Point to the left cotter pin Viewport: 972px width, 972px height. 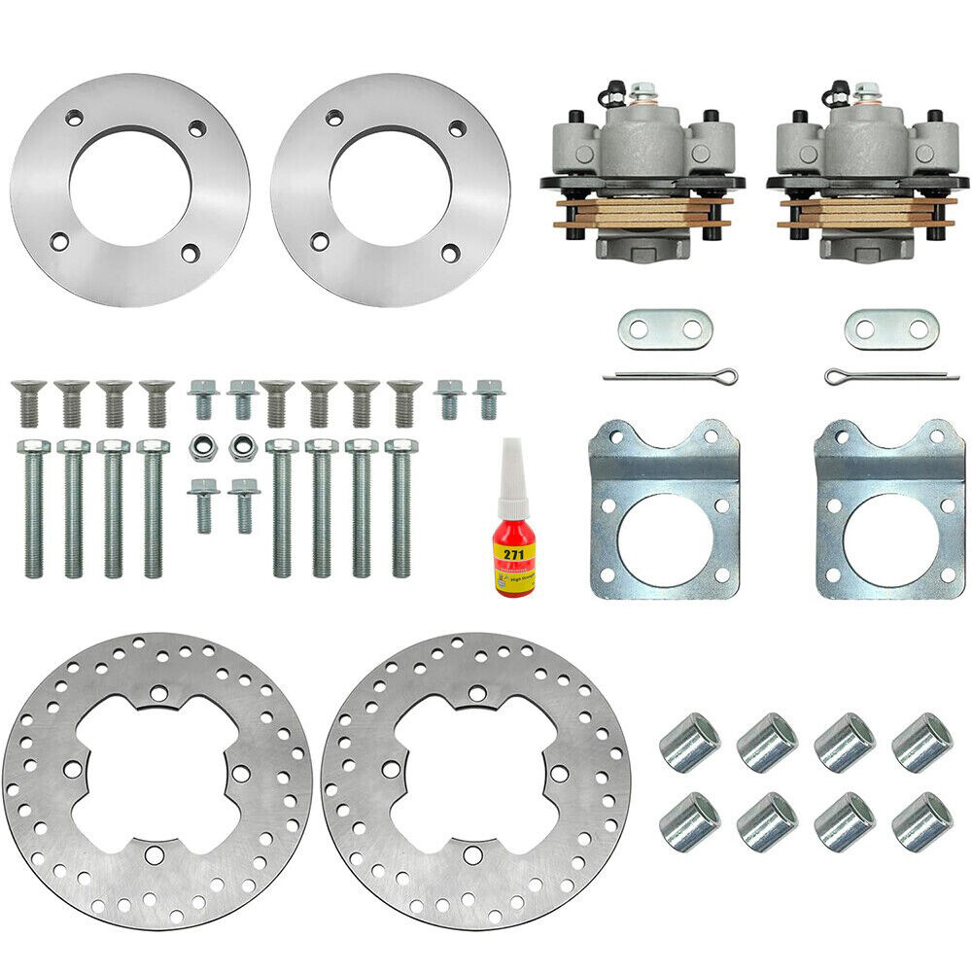(x=669, y=376)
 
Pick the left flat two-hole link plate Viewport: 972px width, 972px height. (x=665, y=330)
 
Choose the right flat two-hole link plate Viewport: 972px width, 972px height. (x=891, y=330)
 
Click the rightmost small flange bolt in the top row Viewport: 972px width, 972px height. (x=489, y=399)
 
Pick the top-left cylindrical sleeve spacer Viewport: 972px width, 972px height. (x=689, y=743)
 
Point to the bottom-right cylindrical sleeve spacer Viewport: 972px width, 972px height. (x=921, y=821)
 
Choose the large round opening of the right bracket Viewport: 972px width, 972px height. (x=888, y=538)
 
